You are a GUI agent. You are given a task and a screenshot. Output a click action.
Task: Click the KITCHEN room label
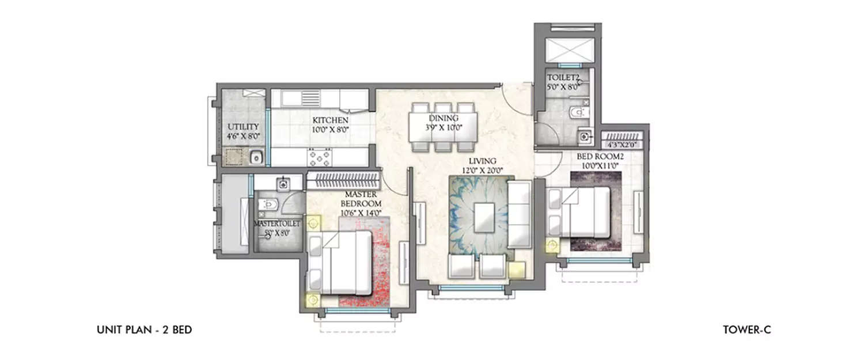(330, 120)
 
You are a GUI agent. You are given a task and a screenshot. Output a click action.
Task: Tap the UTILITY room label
(242, 127)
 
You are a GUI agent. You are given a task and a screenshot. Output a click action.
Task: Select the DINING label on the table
(443, 118)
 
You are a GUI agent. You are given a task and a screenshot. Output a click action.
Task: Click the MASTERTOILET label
(277, 223)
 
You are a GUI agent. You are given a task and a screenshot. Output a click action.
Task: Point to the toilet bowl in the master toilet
(267, 204)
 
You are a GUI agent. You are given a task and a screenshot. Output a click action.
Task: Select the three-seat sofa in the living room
(518, 214)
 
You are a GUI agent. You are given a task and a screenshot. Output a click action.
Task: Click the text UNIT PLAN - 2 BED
(144, 330)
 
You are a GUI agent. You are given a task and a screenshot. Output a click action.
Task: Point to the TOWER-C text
(746, 330)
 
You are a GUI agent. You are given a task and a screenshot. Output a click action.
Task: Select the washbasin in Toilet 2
(584, 137)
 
